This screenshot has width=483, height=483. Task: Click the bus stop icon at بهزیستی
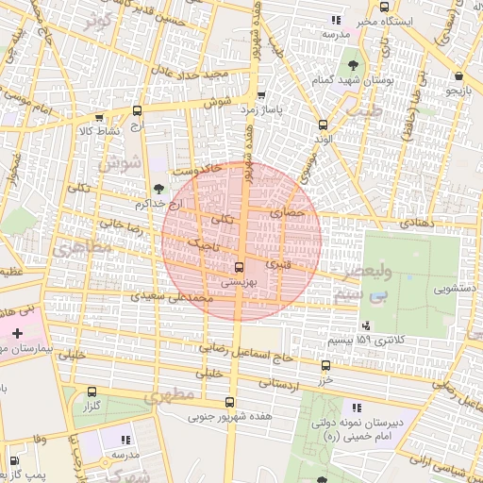pyautogui.click(x=239, y=267)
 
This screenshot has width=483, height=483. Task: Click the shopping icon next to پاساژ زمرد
pyautogui.click(x=260, y=95)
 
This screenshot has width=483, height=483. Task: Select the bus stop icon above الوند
pyautogui.click(x=324, y=125)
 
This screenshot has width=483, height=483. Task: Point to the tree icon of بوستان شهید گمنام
pyautogui.click(x=353, y=65)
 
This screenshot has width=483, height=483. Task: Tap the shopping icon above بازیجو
pyautogui.click(x=458, y=76)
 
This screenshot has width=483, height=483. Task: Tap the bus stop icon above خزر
pyautogui.click(x=325, y=365)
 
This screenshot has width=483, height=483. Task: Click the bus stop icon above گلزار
pyautogui.click(x=92, y=391)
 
